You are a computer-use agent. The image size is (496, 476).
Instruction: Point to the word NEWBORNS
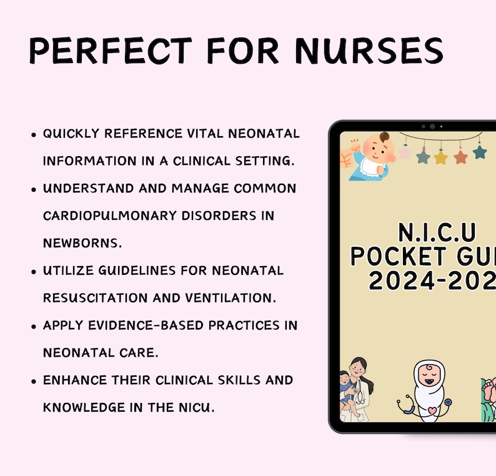point(77,242)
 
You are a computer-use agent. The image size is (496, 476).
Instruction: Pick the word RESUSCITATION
point(89,297)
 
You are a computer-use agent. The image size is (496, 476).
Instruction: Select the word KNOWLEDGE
point(82,407)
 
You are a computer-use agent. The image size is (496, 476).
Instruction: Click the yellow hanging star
point(441,157)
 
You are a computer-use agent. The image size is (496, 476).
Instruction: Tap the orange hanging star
point(461,156)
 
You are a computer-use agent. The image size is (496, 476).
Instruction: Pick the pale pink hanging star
point(404,152)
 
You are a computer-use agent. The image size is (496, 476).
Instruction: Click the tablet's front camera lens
point(432,126)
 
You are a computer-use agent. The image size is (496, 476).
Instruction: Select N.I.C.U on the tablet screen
point(437,234)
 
